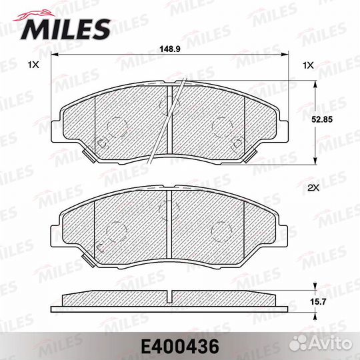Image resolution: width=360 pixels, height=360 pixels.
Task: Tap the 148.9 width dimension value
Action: pos(169,49)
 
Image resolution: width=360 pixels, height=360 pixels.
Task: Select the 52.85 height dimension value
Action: pos(322,119)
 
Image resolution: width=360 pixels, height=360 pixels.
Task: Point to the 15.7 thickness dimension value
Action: pos(318,301)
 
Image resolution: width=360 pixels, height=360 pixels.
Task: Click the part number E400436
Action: pos(180,347)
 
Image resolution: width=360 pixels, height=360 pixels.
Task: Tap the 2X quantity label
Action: pos(313,188)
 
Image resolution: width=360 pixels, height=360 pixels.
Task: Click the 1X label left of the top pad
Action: pos(33,65)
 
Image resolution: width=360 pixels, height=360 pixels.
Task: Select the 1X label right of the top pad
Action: pos(308,65)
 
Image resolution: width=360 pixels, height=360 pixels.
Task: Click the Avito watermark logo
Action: pos(321,344)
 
